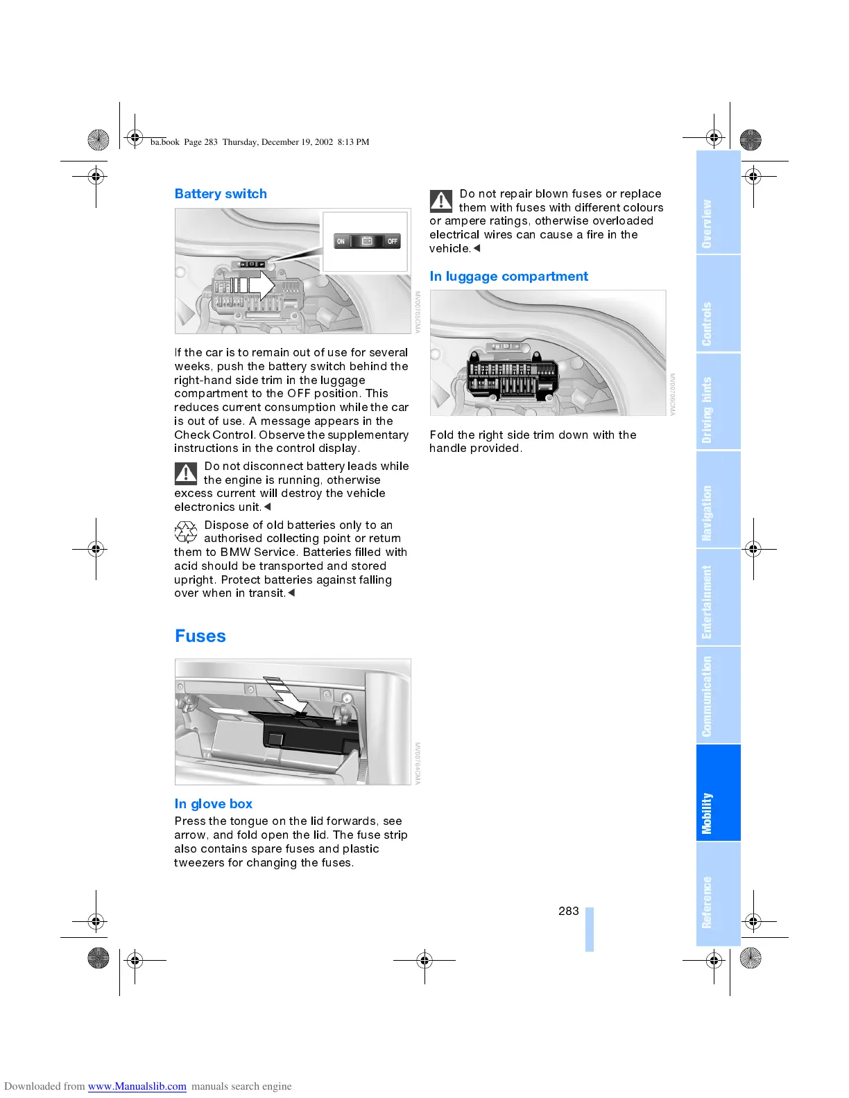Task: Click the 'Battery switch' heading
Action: tap(221, 194)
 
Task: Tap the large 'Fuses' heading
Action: tap(200, 636)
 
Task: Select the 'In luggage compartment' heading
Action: tap(508, 277)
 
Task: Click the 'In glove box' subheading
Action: tap(214, 804)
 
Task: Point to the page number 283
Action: tap(568, 912)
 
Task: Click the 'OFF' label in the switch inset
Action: tap(393, 241)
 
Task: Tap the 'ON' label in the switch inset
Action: tap(341, 241)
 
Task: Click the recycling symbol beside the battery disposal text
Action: tap(186, 532)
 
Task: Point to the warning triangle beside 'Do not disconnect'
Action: tap(186, 473)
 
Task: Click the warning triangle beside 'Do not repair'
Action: tap(441, 201)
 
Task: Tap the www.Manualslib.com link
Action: tap(137, 1086)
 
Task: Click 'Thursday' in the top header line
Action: tap(240, 142)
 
